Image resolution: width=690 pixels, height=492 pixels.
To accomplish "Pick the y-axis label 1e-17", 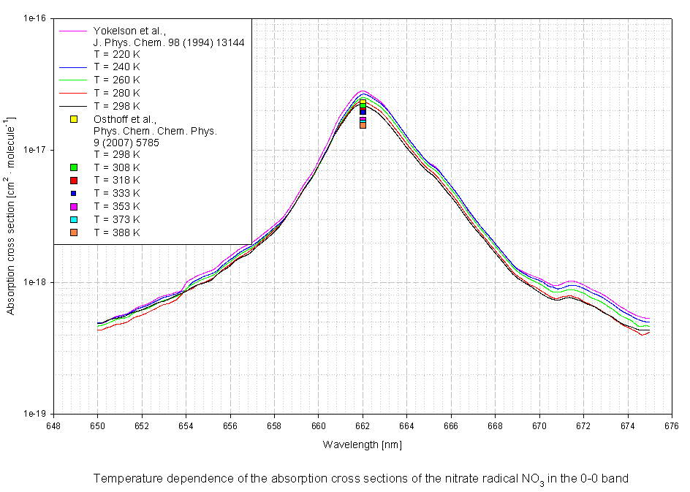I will [35, 150].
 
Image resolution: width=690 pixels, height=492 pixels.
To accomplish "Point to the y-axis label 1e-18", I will [35, 282].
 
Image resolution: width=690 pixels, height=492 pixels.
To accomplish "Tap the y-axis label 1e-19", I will [35, 414].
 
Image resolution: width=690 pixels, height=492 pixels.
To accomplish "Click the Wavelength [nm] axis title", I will [363, 444].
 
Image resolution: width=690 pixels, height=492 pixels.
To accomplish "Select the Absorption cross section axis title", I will [10, 216].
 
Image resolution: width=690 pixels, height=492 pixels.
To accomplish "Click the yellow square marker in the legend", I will [74, 119].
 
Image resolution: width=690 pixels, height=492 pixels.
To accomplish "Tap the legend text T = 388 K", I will [117, 232].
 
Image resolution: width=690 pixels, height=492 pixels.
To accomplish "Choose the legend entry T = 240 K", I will [117, 67].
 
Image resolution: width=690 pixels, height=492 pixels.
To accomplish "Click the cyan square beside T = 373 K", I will [74, 219].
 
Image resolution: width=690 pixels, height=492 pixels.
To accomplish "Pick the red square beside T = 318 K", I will [74, 180].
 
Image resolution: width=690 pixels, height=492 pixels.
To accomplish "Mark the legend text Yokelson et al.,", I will [129, 31].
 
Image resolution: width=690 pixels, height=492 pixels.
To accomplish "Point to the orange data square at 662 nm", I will [363, 126].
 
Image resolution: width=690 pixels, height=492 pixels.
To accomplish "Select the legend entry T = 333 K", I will [117, 193].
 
